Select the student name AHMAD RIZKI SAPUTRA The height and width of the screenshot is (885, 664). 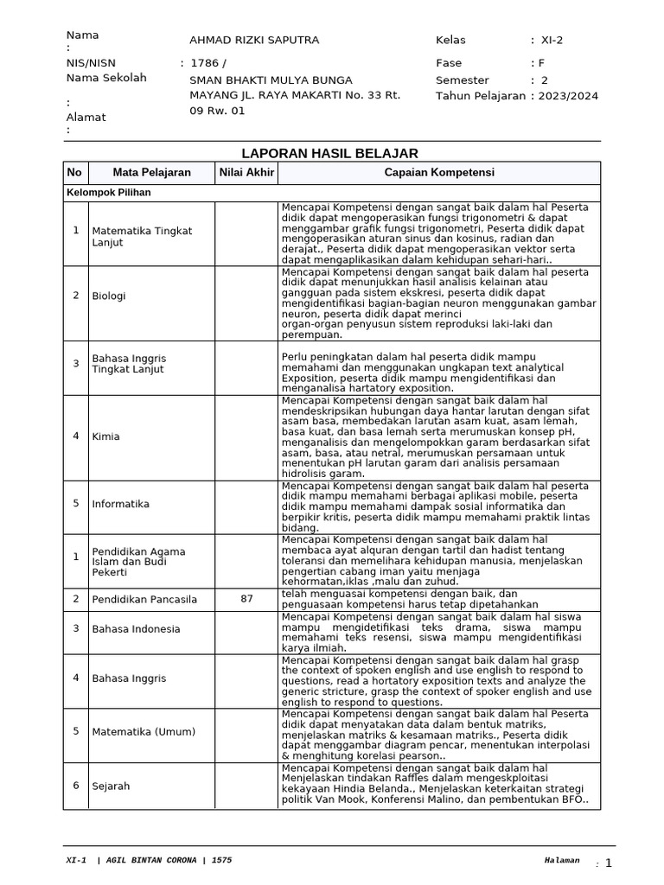tap(254, 41)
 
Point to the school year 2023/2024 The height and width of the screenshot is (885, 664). tap(567, 96)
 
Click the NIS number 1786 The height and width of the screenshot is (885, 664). tap(205, 63)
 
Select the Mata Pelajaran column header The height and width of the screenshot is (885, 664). tap(151, 173)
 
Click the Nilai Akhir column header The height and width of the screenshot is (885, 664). tap(246, 173)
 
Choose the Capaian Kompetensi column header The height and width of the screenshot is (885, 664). tap(439, 173)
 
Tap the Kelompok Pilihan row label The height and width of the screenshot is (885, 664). tap(109, 193)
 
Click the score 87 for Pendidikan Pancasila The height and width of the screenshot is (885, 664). tap(246, 599)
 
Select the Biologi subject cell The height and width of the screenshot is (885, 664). tap(109, 296)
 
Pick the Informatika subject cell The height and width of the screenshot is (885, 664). tap(120, 504)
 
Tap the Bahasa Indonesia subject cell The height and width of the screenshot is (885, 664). tap(136, 628)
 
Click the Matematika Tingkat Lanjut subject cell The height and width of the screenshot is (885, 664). tap(142, 237)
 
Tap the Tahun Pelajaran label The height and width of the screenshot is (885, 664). tap(481, 96)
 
